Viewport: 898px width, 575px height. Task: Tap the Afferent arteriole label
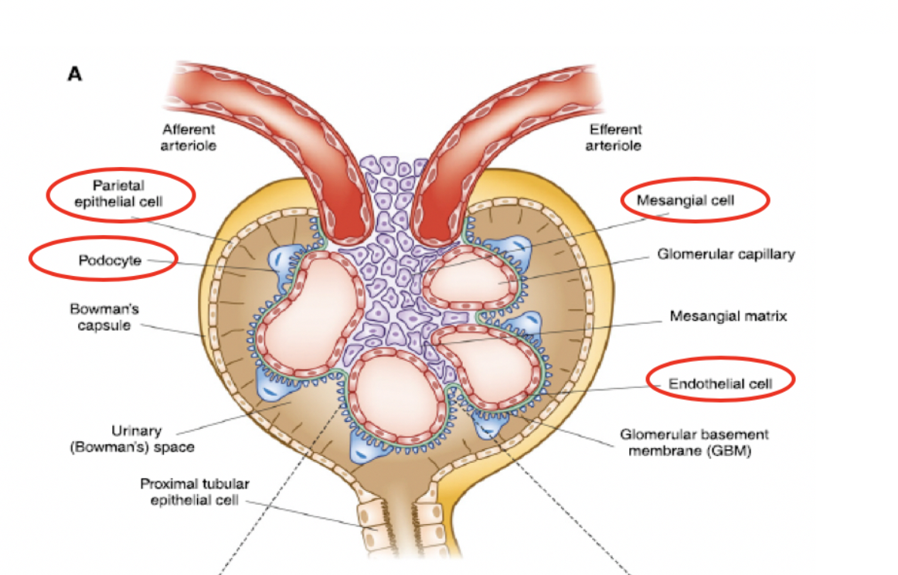coord(189,137)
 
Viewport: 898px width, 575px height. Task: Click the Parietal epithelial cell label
coord(120,194)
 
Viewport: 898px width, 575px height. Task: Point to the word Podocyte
coord(110,260)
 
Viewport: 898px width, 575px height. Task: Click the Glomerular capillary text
coord(725,253)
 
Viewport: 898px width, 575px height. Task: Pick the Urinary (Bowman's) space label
coord(152,438)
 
